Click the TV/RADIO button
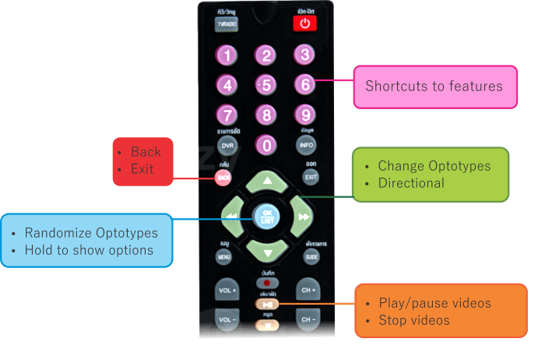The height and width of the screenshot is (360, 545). coord(227,24)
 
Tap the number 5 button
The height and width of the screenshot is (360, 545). coord(266,84)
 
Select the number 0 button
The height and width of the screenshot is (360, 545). coord(266,145)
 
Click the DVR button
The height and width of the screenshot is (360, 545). coord(227,146)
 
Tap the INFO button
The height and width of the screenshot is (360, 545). coord(306,146)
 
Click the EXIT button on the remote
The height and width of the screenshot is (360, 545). coord(311,178)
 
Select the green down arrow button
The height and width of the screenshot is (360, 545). coord(267,251)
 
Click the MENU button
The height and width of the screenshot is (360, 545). coord(224,256)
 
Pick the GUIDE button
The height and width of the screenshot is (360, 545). coord(311,256)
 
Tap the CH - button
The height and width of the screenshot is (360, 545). coord(308,320)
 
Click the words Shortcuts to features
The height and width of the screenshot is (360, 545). coord(434,86)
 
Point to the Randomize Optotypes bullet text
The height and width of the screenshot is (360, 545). coord(91,233)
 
